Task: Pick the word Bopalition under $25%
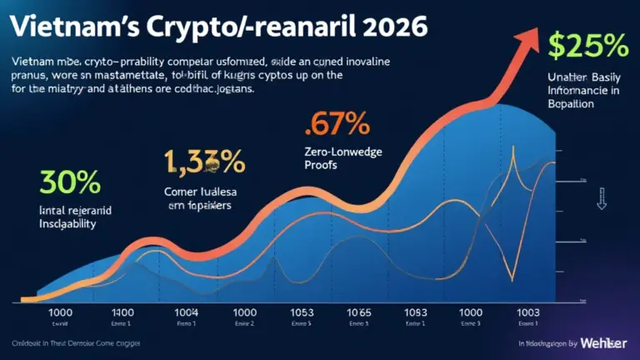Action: [567, 106]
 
